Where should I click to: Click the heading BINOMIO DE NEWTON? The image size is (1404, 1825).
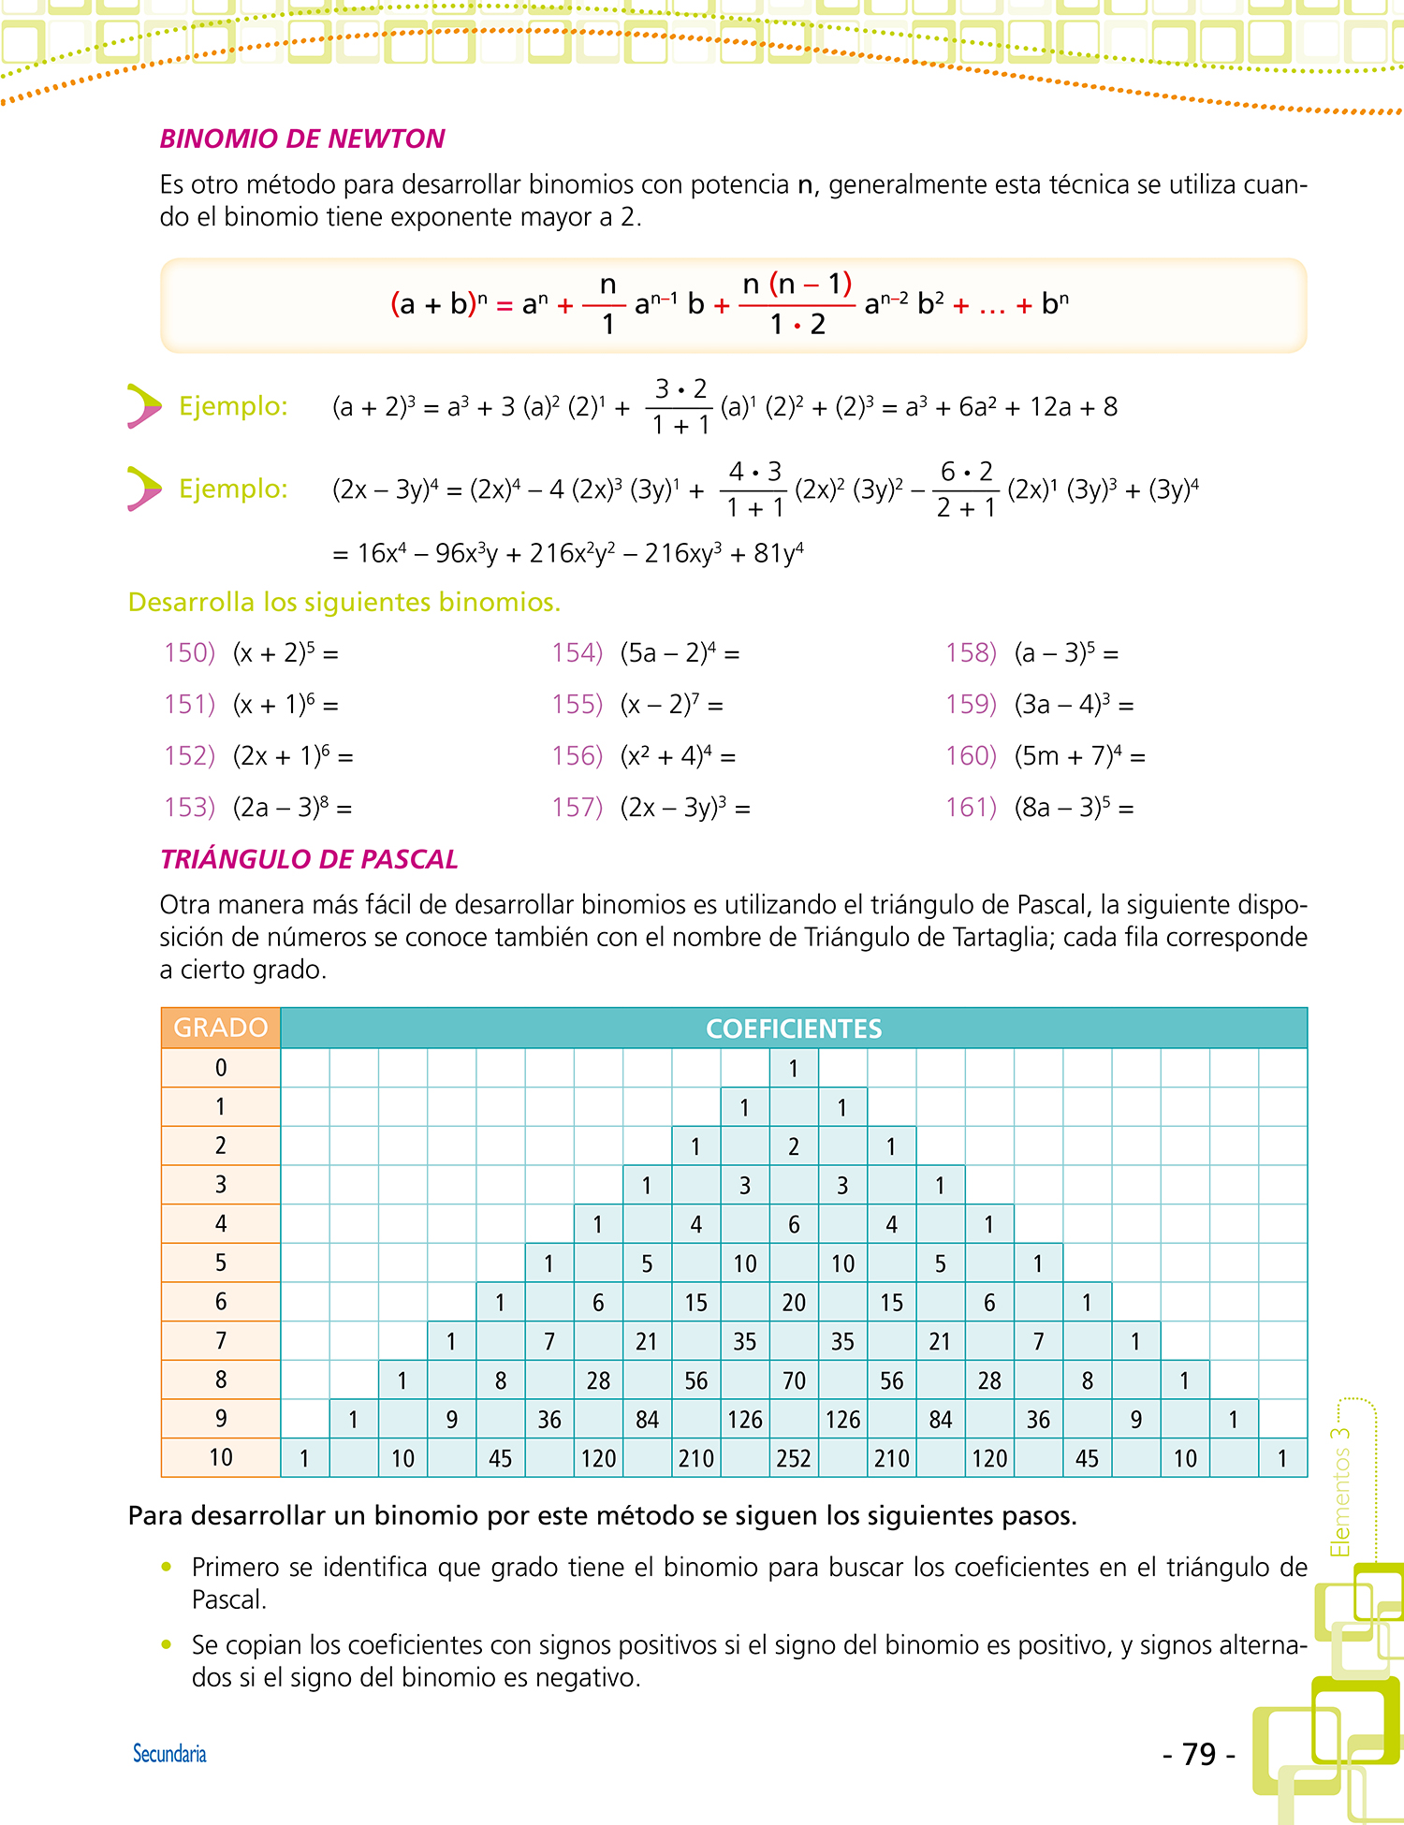click(x=302, y=139)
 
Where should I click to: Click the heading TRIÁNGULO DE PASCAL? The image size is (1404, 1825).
click(x=309, y=859)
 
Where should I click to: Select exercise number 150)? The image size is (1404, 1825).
click(x=190, y=652)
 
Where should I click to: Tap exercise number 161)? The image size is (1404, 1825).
click(x=972, y=807)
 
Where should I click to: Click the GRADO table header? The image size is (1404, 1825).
click(x=221, y=1028)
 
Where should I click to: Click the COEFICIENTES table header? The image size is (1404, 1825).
click(x=794, y=1029)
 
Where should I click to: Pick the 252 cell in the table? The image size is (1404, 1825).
click(x=794, y=1458)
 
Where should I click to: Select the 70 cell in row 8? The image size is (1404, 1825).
click(x=794, y=1380)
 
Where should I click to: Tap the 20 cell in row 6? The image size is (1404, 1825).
click(x=794, y=1302)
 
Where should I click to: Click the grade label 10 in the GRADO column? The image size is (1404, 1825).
click(x=221, y=1457)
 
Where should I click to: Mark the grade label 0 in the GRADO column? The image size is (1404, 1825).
click(x=221, y=1068)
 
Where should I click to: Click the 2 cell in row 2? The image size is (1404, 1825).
click(x=794, y=1146)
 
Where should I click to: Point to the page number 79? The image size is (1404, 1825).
click(x=1199, y=1754)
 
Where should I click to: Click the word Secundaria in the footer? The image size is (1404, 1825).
click(x=169, y=1754)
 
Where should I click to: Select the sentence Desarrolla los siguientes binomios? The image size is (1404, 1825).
click(x=344, y=602)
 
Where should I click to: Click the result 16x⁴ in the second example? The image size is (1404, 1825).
click(x=382, y=554)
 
